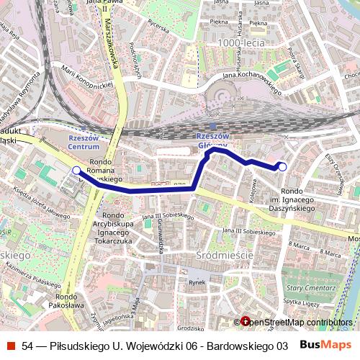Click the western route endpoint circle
pyautogui.click(x=77, y=170)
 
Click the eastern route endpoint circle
pyautogui.click(x=282, y=167)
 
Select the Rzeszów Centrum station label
pyautogui.click(x=84, y=141)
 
